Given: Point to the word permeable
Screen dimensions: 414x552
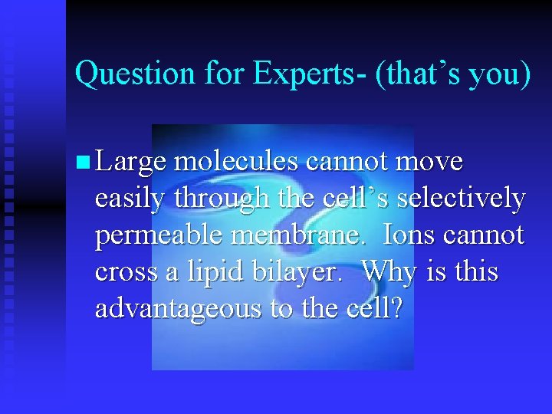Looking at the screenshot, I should click(159, 235).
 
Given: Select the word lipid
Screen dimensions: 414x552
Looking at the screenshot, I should click(215, 272).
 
